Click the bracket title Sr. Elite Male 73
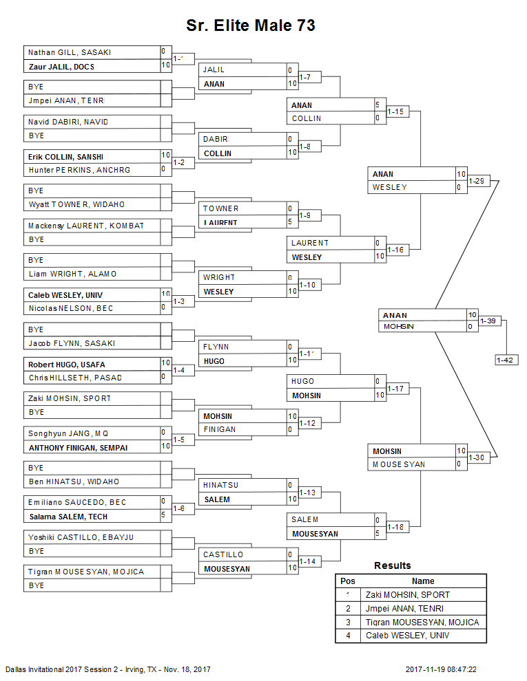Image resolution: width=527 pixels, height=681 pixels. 251,25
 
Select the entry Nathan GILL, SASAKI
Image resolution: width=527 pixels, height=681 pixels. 69,52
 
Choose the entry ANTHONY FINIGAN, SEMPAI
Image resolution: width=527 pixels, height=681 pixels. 77,447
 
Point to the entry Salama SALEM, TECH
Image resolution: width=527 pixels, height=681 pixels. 68,517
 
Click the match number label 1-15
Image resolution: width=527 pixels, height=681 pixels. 396,111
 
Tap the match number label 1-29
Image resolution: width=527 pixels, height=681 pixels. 477,181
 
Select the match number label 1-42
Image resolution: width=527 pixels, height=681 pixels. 506,360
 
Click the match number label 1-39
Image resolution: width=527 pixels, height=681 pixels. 488,321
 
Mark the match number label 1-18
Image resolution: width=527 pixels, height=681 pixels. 396,527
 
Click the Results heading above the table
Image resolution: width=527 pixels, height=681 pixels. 393,565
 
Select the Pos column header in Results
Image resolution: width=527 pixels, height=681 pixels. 348,581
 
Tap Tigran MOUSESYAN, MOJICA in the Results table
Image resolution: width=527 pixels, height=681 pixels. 422,623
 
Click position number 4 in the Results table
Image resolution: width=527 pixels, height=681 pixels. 348,636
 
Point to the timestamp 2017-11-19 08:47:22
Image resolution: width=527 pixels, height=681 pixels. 441,669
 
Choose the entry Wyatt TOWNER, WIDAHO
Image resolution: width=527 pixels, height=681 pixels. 76,204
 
